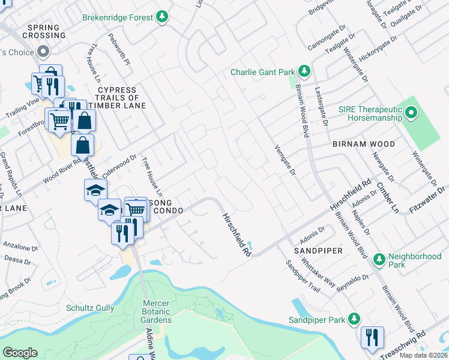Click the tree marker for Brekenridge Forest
(x=161, y=17)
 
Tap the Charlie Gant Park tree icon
(x=304, y=72)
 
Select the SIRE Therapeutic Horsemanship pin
(x=411, y=112)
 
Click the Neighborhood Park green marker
(x=379, y=260)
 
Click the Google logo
(x=20, y=353)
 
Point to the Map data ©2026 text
(x=423, y=355)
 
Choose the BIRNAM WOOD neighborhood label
(x=364, y=144)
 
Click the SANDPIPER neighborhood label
(x=318, y=250)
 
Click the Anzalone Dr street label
(x=20, y=246)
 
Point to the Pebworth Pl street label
(x=116, y=49)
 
